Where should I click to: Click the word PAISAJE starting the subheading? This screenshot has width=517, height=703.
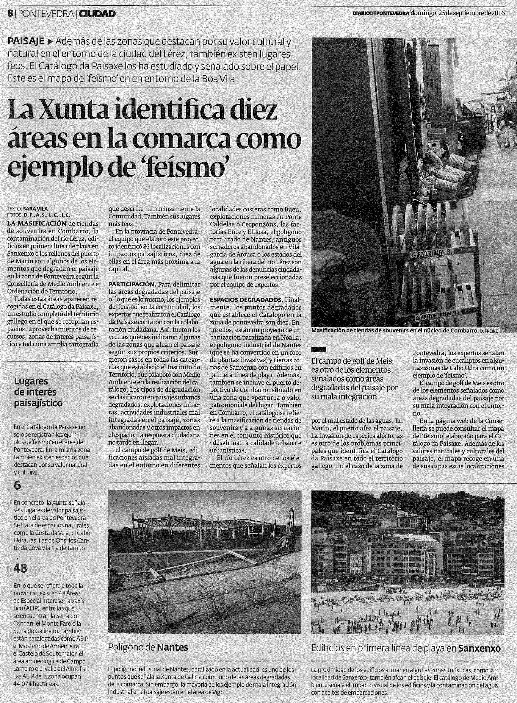[x=26, y=42]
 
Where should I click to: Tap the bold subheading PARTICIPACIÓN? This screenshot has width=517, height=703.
[x=131, y=284]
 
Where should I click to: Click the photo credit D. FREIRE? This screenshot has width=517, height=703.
[x=488, y=331]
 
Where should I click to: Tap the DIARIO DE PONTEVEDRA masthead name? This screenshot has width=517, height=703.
[x=380, y=13]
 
